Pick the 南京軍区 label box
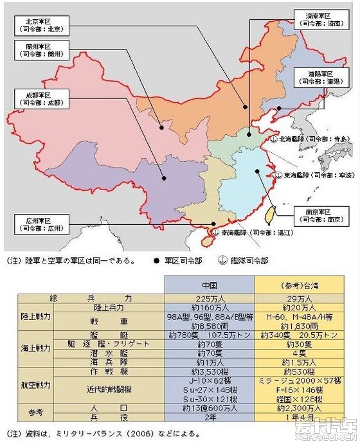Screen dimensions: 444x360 coord(318,214)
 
